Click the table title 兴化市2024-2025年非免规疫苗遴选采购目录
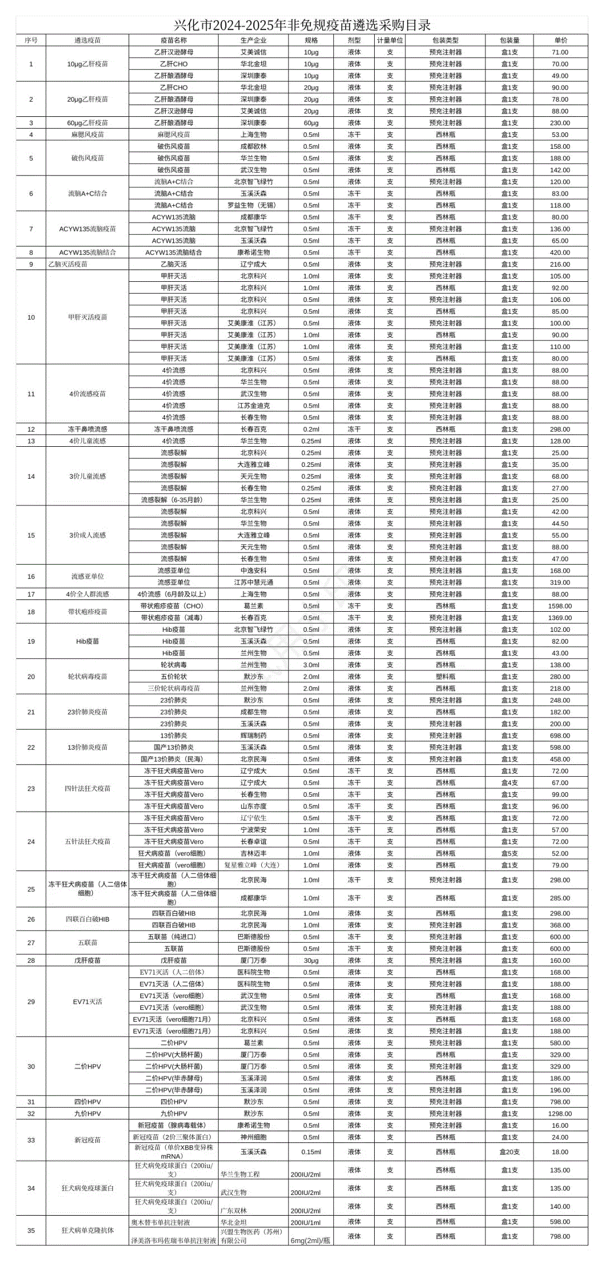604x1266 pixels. tap(302, 25)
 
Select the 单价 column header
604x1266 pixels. tap(560, 40)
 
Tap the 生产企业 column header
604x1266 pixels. tap(253, 40)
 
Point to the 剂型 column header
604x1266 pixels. tap(354, 40)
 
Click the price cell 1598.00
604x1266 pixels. tap(560, 606)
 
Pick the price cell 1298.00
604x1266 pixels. tap(560, 1113)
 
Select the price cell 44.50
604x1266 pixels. tap(560, 523)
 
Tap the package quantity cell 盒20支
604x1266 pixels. tap(509, 1152)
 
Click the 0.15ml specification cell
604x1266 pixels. tap(311, 1152)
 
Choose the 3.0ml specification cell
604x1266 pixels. tap(311, 665)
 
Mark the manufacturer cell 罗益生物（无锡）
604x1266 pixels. tap(253, 205)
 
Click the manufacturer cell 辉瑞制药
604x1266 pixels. tap(253, 736)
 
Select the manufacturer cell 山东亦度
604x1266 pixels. tap(253, 806)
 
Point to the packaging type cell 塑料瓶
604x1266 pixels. tap(445, 677)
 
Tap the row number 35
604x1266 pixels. tap(31, 1230)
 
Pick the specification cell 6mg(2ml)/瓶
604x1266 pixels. tap(310, 1240)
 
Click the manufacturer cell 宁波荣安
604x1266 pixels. tap(253, 830)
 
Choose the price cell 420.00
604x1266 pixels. tap(560, 252)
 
